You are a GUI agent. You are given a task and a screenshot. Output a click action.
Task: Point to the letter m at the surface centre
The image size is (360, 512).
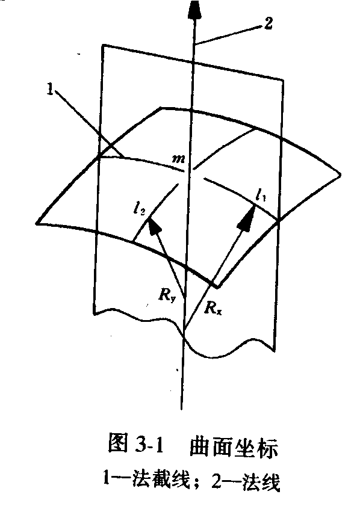[x=179, y=159]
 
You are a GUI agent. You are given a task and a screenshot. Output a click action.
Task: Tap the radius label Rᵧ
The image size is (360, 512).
[x=167, y=295]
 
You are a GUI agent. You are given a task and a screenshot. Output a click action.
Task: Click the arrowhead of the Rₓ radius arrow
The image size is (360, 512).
[x=246, y=215]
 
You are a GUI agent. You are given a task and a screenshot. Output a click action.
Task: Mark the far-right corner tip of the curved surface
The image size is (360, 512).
[x=340, y=174]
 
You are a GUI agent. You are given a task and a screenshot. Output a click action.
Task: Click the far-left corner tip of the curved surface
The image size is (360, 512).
[x=37, y=223]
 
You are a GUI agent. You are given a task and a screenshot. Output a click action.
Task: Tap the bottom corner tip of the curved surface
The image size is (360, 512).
[x=217, y=288]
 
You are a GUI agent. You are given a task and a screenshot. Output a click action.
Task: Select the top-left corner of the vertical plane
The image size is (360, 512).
[x=103, y=45]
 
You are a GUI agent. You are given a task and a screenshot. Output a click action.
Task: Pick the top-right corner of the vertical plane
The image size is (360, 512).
[x=282, y=79]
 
